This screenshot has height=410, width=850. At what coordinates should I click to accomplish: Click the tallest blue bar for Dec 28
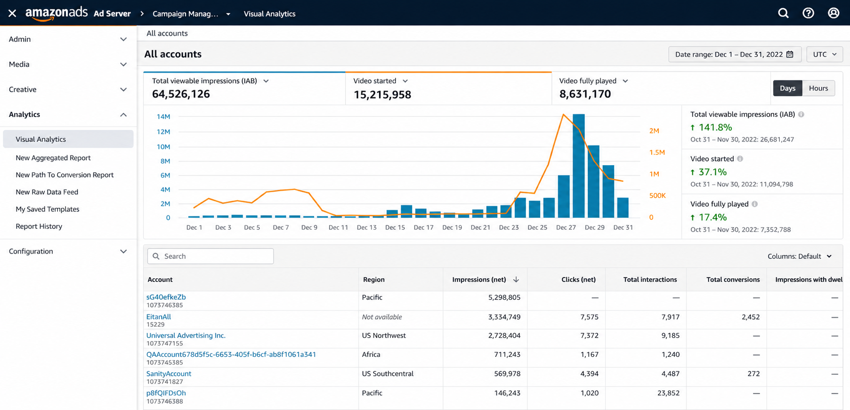point(578,166)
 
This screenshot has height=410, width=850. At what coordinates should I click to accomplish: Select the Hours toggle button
point(818,88)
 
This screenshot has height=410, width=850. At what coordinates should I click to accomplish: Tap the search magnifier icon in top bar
point(783,13)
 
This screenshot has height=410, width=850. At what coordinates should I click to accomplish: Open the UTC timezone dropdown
point(824,54)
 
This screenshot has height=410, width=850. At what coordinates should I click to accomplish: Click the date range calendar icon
point(790,54)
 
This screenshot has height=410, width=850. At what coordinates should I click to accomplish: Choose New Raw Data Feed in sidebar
point(47,192)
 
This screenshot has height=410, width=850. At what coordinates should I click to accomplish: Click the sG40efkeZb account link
point(166,297)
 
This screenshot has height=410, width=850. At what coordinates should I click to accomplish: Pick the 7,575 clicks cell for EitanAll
point(589,317)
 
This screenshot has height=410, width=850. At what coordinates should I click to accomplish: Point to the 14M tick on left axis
point(163,116)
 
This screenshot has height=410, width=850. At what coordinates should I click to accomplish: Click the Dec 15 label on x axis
point(395,227)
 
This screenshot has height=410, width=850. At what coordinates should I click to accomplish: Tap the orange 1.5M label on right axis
point(657,152)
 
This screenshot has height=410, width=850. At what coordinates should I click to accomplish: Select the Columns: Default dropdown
point(800,256)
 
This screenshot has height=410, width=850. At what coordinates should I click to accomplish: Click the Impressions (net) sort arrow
point(516,279)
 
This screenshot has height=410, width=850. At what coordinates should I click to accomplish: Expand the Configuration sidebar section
point(68,251)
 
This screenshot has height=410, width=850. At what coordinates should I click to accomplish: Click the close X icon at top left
point(12,13)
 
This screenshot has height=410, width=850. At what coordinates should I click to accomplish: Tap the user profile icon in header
point(833,13)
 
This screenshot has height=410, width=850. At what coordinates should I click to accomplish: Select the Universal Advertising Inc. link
point(186,336)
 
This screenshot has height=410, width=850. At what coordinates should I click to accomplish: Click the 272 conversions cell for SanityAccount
point(753,374)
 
